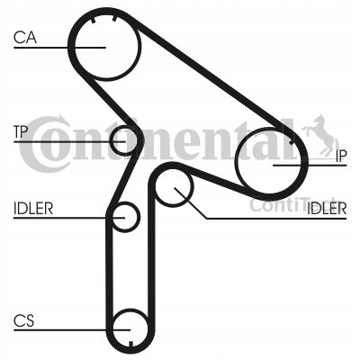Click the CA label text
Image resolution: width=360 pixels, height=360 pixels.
[25, 38]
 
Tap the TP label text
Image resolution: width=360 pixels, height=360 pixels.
[21, 131]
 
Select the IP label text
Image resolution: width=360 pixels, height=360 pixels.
[340, 156]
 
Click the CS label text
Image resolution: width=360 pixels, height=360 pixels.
[24, 320]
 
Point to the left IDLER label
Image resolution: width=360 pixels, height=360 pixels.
[33, 209]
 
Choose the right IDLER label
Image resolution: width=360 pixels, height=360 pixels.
[327, 209]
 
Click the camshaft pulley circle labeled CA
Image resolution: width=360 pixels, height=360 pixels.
[74, 48]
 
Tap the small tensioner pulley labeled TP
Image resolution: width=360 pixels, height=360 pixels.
[111, 140]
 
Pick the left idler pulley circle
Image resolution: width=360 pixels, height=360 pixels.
[139, 217]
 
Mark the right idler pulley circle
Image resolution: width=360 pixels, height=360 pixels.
[192, 186]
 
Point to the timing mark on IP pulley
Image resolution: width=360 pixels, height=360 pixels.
[291, 142]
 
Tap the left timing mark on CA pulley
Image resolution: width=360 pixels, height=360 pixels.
[93, 21]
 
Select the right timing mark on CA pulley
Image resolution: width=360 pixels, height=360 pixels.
[114, 19]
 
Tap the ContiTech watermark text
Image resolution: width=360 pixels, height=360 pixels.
[294, 204]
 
